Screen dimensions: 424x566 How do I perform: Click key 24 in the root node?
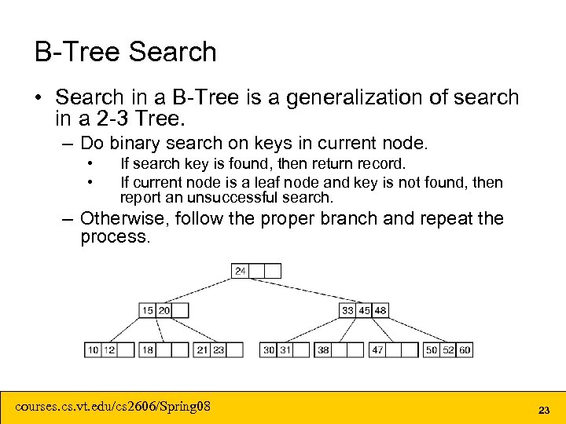click(240, 271)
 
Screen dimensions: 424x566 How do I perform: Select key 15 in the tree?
click(147, 310)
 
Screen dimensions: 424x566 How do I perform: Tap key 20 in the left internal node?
click(164, 310)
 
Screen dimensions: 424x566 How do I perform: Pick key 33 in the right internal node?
click(347, 310)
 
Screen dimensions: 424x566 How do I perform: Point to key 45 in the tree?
click(364, 310)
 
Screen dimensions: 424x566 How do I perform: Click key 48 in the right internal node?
click(380, 310)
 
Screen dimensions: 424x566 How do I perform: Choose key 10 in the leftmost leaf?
click(93, 349)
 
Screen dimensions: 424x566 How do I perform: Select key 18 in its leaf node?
click(147, 349)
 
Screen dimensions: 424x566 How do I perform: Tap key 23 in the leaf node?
click(218, 349)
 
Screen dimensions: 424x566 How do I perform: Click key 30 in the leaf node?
click(269, 349)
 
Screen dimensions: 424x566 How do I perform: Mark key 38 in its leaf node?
click(323, 349)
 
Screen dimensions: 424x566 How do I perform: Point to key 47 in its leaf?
click(377, 349)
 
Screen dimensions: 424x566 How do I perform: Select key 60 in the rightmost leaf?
click(465, 349)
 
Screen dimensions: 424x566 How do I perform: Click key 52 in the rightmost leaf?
click(448, 349)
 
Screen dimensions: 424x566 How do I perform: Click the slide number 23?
click(542, 410)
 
